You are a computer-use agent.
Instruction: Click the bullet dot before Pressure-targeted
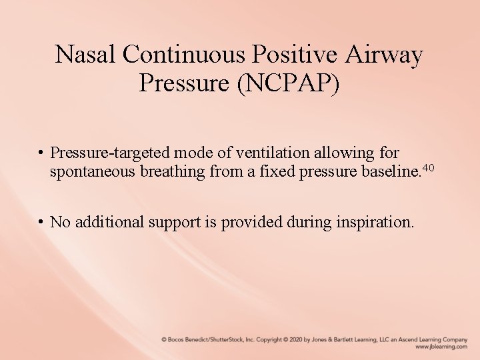[x=41, y=153]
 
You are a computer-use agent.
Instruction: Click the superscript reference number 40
[x=429, y=167]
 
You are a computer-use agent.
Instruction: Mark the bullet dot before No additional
[x=41, y=221]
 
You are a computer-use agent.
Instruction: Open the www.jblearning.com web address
[x=441, y=347]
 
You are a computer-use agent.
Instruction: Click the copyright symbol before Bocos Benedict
[x=164, y=339]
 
